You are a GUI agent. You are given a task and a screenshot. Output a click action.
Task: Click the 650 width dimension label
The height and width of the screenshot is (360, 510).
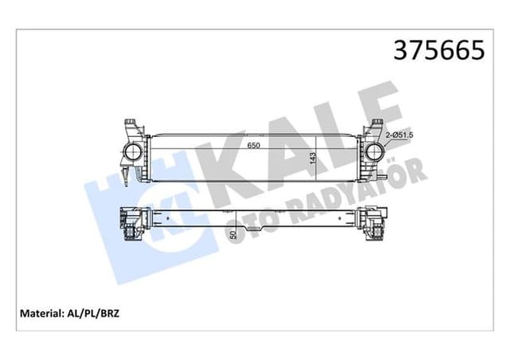coord(253,146)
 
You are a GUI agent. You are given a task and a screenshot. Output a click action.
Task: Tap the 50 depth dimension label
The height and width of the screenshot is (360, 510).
coord(233,233)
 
